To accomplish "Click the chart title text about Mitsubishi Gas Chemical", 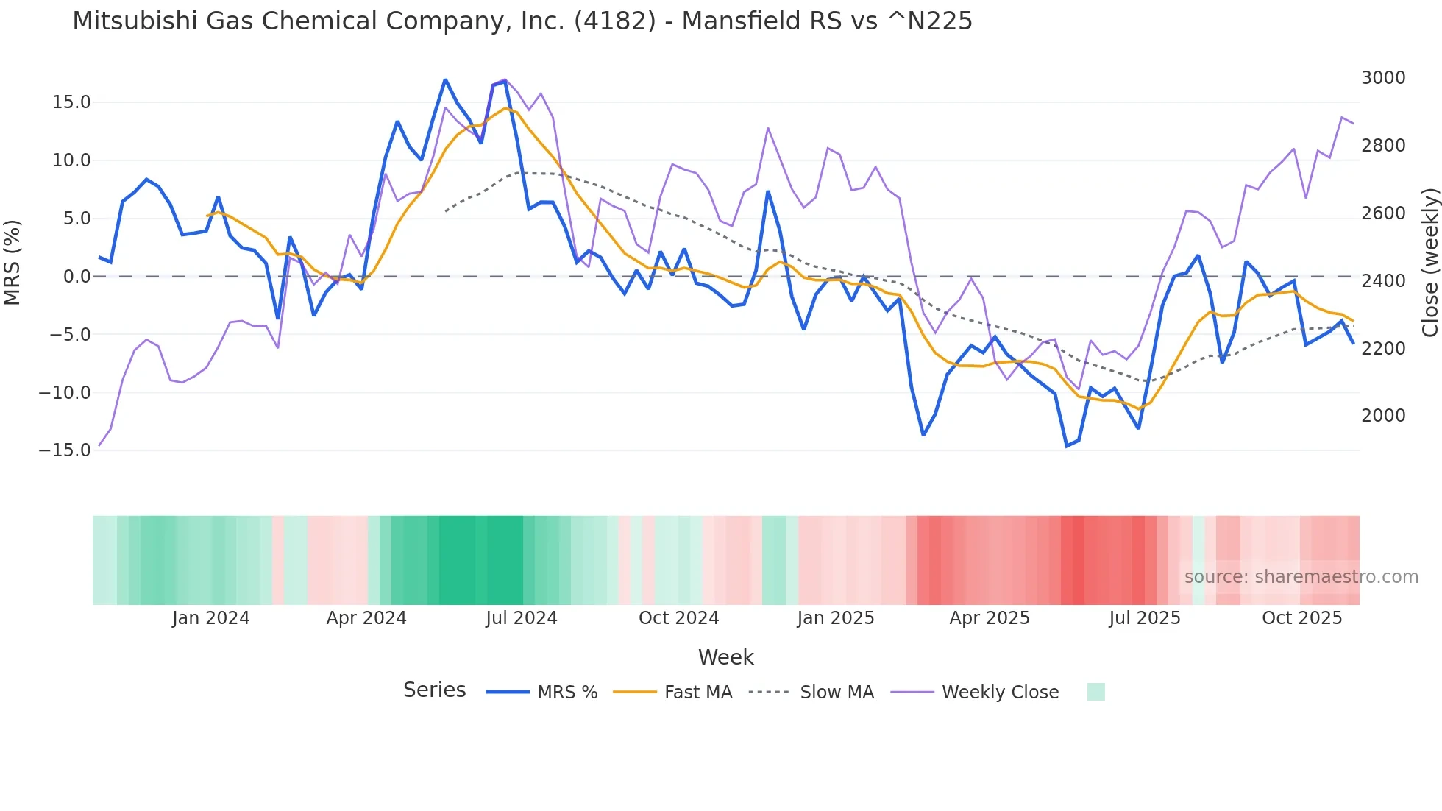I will tap(522, 21).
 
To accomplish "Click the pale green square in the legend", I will tap(1095, 692).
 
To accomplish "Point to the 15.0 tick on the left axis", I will tap(71, 102).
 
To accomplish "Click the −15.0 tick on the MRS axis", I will tap(65, 450).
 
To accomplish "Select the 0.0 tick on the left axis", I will tap(77, 277).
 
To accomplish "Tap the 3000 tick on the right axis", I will tap(1383, 78).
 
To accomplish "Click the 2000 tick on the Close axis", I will tap(1383, 416).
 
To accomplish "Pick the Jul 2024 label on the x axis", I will tap(521, 618).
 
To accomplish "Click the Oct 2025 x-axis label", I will tap(1301, 618).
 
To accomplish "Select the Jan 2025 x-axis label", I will tap(835, 618).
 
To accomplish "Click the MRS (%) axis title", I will tap(13, 262).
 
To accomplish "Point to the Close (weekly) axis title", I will tap(1429, 263).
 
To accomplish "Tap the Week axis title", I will tap(725, 657).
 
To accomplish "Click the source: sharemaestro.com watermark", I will tap(1301, 577).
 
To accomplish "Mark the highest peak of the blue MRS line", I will tap(445, 79).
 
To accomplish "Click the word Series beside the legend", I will tap(434, 690).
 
